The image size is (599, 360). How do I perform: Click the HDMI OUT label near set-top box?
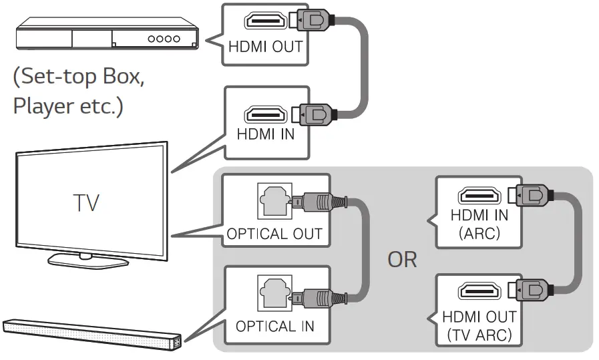tap(265, 47)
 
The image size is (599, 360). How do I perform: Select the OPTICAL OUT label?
tap(274, 234)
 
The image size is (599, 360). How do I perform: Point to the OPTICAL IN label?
tap(274, 327)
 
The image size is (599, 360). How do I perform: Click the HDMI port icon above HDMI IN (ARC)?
tap(477, 197)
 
